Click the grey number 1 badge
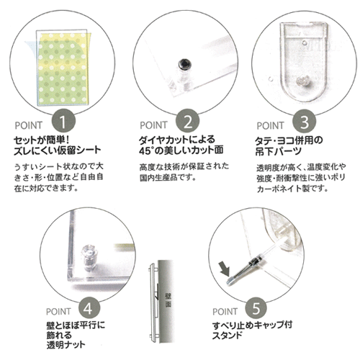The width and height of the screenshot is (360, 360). pyautogui.click(x=63, y=121)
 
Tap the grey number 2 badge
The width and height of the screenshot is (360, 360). pyautogui.click(x=187, y=121)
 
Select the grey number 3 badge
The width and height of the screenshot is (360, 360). pyautogui.click(x=304, y=122)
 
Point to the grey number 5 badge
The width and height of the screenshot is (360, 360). pyautogui.click(x=256, y=308)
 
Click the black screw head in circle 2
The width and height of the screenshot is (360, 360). pyautogui.click(x=185, y=64)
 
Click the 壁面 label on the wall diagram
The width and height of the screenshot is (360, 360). pyautogui.click(x=168, y=300)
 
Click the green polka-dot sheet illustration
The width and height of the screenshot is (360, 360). pyautogui.click(x=63, y=67)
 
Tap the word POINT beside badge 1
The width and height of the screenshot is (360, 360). pyautogui.click(x=29, y=125)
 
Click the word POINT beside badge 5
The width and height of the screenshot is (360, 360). pyautogui.click(x=225, y=312)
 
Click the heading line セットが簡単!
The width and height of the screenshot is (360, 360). pyautogui.click(x=42, y=140)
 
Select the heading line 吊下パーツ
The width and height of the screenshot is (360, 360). pyautogui.click(x=278, y=152)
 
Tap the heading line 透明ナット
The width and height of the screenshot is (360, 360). pyautogui.click(x=66, y=345)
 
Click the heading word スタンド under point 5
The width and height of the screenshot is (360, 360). pyautogui.click(x=227, y=336)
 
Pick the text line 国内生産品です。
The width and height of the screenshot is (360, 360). pyautogui.click(x=168, y=178)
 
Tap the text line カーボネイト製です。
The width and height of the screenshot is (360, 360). pyautogui.click(x=292, y=189)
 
